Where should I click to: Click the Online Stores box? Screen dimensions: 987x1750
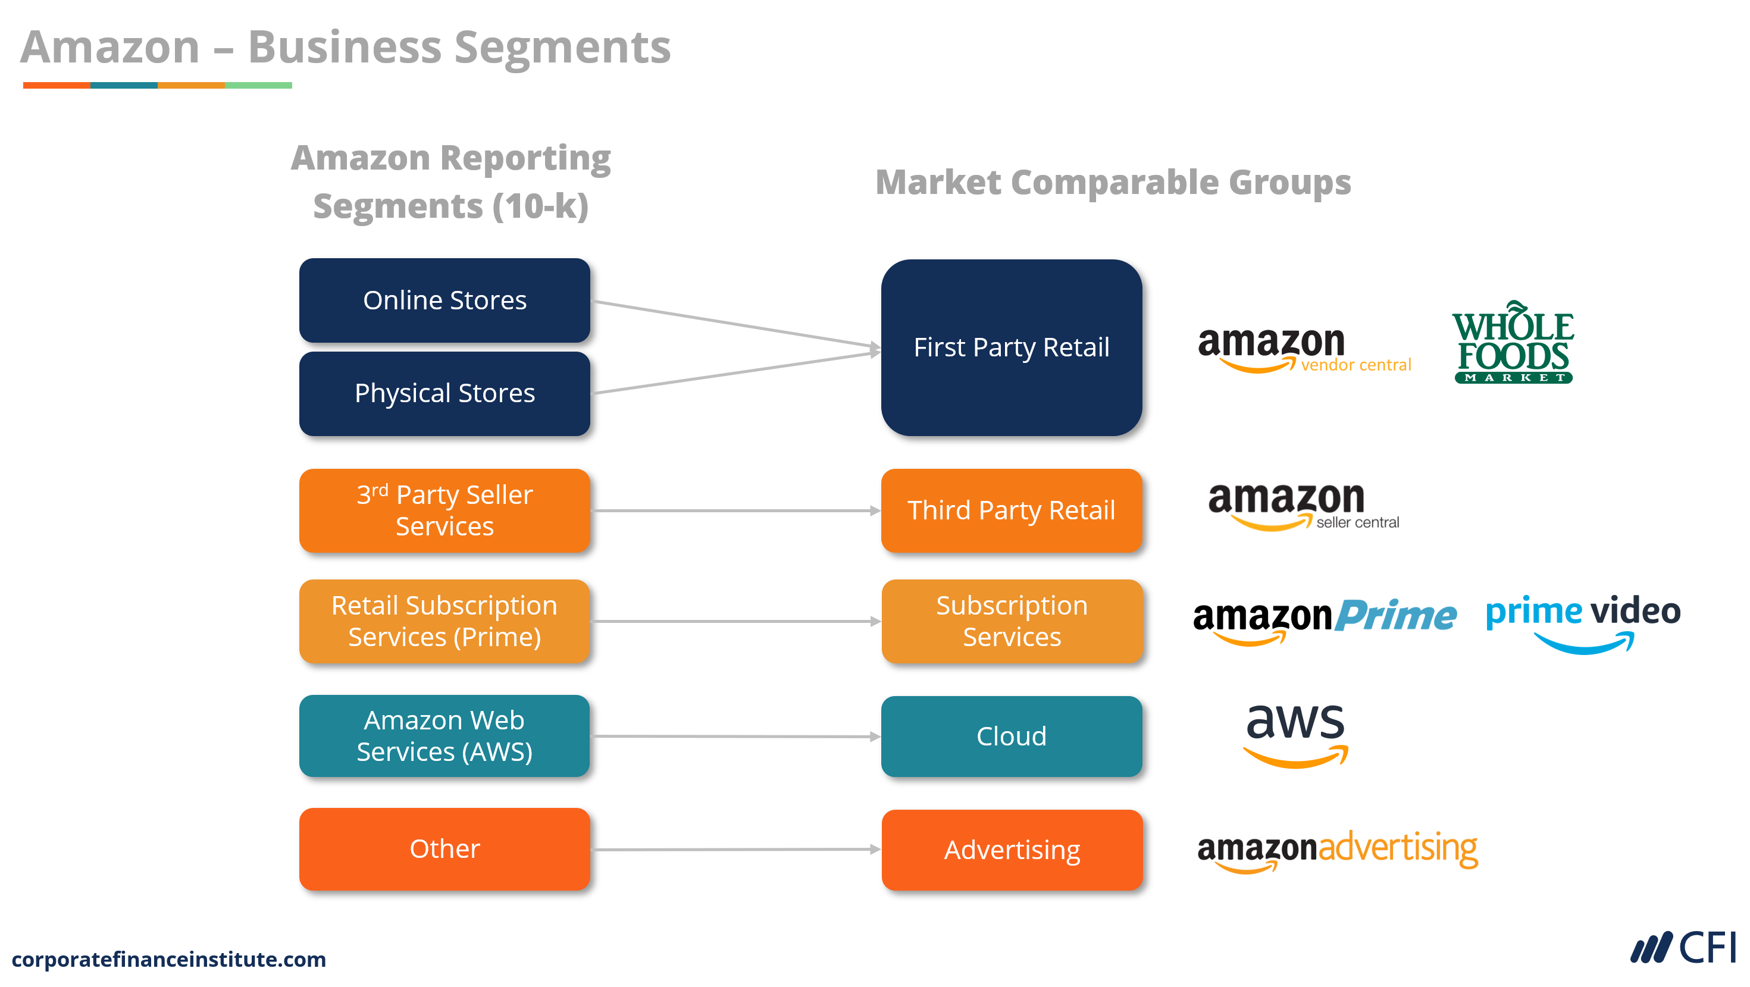pyautogui.click(x=444, y=300)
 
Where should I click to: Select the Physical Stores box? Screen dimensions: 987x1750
pyautogui.click(x=444, y=393)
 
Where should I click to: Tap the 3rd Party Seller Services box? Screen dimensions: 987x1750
pyautogui.click(x=444, y=510)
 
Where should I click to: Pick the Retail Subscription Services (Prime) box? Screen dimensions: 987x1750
pyautogui.click(x=444, y=621)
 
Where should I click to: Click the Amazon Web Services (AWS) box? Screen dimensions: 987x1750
pyautogui.click(x=444, y=736)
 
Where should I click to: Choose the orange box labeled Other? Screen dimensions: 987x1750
pyautogui.click(x=444, y=848)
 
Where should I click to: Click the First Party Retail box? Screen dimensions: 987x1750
pyautogui.click(x=1011, y=347)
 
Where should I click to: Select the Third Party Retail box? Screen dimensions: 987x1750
pyautogui.click(x=1011, y=510)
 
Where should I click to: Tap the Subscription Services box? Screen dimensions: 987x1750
pyautogui.click(x=1011, y=621)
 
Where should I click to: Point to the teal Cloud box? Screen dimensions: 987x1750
pyautogui.click(x=1011, y=737)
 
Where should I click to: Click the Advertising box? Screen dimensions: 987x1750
pyautogui.click(x=1011, y=850)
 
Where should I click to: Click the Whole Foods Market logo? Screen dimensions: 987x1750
pyautogui.click(x=1513, y=344)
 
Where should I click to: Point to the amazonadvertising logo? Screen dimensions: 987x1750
pyautogui.click(x=1336, y=850)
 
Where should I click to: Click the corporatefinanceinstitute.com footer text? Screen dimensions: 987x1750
pyautogui.click(x=168, y=958)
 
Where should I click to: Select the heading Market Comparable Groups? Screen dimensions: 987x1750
pyautogui.click(x=1112, y=182)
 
